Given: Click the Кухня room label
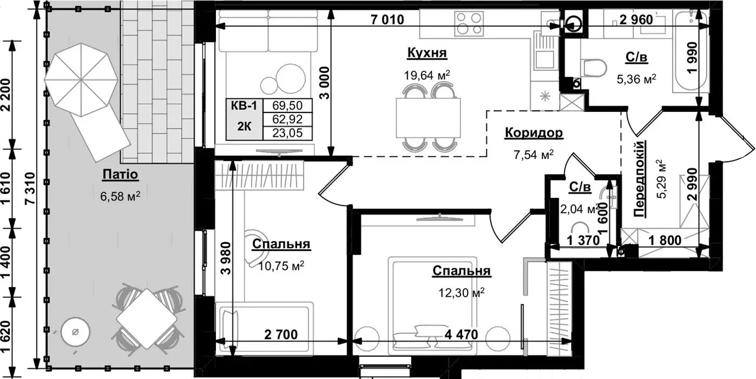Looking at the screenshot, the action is (427, 53).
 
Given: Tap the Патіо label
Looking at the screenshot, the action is (121, 175).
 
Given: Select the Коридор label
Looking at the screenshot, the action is (534, 132).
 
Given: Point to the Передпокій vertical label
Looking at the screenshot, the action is (640, 178).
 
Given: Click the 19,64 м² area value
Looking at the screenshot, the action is (427, 75).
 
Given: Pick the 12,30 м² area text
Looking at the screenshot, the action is (462, 292).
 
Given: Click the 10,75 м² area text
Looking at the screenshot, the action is (281, 265).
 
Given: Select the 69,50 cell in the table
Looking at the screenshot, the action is (287, 105).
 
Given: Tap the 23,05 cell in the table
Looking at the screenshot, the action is (287, 133).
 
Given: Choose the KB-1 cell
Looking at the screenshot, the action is (244, 106).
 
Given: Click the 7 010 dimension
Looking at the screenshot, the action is (387, 20).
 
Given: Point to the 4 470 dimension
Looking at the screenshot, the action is (461, 335).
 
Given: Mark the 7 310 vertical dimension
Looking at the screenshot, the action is (30, 188).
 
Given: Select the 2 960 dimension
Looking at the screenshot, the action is (636, 20).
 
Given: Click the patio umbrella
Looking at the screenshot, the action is (81, 79).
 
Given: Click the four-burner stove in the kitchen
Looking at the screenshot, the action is (469, 23).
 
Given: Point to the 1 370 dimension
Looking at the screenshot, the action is (583, 241).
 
